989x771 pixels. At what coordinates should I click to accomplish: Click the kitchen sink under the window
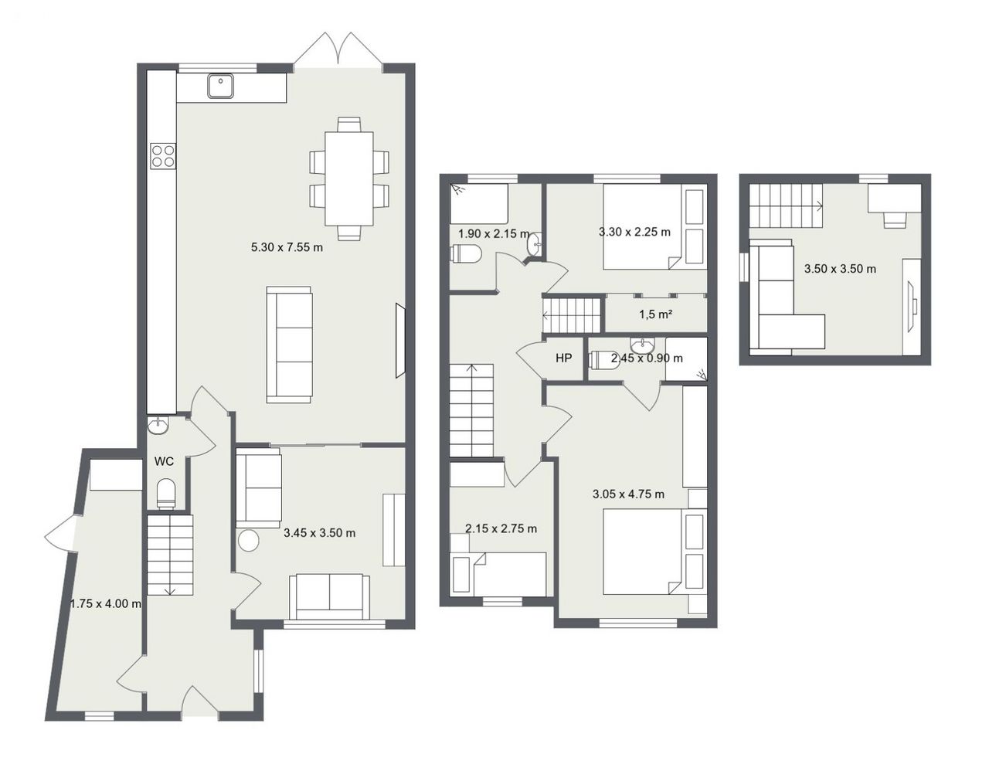221,86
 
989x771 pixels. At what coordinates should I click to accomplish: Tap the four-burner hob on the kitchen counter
163,155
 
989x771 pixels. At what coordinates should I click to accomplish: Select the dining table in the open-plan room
349,178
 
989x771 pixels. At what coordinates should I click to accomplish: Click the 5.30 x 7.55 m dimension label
287,247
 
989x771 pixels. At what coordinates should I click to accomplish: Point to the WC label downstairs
164,461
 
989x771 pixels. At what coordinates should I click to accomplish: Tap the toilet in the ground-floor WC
165,493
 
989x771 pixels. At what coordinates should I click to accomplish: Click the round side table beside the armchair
249,541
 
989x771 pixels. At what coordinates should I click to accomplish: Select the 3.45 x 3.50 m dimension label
320,532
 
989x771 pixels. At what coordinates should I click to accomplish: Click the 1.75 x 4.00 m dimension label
106,603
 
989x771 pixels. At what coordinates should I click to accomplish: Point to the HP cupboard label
563,358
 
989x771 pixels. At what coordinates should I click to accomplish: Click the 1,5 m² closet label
656,314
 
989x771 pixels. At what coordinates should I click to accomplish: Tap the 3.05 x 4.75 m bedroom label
628,494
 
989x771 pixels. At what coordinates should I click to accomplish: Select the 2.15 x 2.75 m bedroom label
501,528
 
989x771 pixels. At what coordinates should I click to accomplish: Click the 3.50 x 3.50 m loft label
840,268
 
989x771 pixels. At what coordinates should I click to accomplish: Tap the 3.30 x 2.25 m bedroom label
634,232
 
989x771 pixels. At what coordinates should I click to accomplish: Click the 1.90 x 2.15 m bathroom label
494,234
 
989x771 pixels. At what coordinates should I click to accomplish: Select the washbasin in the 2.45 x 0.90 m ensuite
643,345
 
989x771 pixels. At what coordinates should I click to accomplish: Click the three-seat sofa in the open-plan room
289,345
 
